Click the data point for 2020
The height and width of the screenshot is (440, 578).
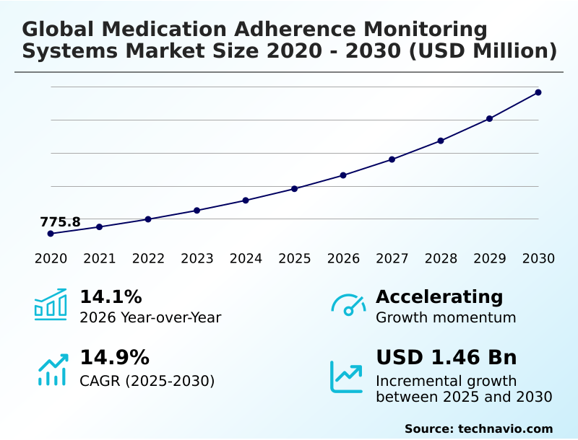[x=51, y=234]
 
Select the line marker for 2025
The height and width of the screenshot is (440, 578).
[x=295, y=189]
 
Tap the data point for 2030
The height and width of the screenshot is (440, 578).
[x=538, y=92]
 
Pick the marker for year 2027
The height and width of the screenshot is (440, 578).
[x=392, y=159]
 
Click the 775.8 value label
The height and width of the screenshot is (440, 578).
[x=60, y=222]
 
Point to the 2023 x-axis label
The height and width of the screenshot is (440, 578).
[x=197, y=259]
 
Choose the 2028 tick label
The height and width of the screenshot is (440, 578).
[x=441, y=259]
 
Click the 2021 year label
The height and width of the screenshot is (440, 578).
[x=100, y=259]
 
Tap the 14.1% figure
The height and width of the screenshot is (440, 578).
[x=111, y=297]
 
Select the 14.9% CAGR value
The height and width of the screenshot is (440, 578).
[x=114, y=358]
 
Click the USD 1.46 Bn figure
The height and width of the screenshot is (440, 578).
[x=447, y=358]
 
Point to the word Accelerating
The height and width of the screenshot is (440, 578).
[x=439, y=297]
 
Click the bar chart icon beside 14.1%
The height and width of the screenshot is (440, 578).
[x=51, y=305]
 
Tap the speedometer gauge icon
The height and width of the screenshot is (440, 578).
[x=348, y=305]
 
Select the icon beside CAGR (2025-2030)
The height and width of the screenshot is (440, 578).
[x=52, y=369]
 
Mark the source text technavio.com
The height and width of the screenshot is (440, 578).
[x=505, y=428]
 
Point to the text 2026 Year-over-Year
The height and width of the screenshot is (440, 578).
[x=150, y=318]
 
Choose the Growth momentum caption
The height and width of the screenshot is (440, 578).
[x=446, y=318]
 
